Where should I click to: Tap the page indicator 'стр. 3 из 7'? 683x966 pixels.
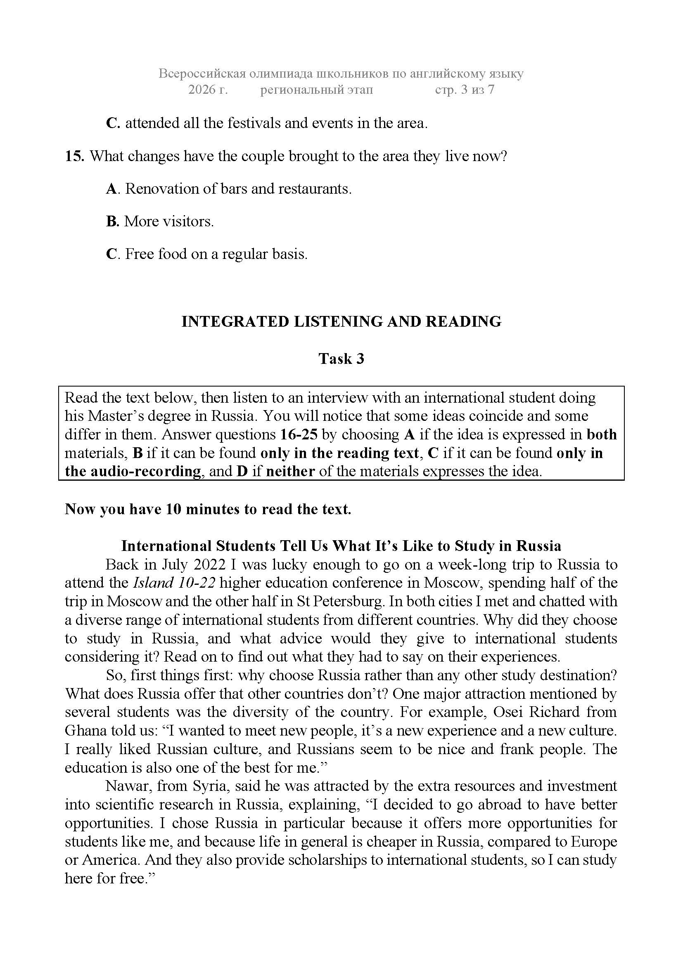[464, 90]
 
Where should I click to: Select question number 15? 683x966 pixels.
[75, 157]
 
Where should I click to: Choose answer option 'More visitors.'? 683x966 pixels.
[168, 221]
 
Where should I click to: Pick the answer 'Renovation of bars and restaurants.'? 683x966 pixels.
[238, 189]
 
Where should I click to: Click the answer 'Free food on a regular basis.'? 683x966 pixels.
[216, 254]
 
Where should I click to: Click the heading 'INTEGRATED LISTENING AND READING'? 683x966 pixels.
[341, 321]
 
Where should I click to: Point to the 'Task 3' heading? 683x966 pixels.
[341, 358]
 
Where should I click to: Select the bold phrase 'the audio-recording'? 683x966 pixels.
[133, 471]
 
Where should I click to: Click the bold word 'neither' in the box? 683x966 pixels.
[290, 471]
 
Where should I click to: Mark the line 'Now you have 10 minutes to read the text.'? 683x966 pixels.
[208, 509]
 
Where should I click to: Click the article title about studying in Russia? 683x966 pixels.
[341, 546]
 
